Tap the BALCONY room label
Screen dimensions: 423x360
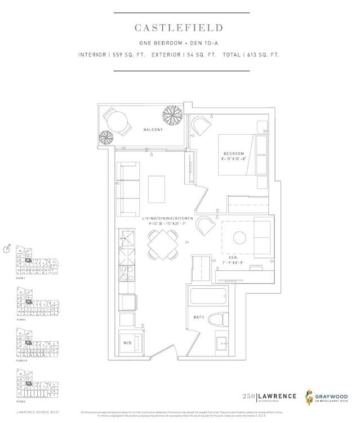click(x=153, y=130)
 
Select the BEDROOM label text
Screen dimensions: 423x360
click(x=233, y=154)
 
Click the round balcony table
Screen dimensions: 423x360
click(x=117, y=120)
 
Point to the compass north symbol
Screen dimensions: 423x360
click(x=6, y=248)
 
